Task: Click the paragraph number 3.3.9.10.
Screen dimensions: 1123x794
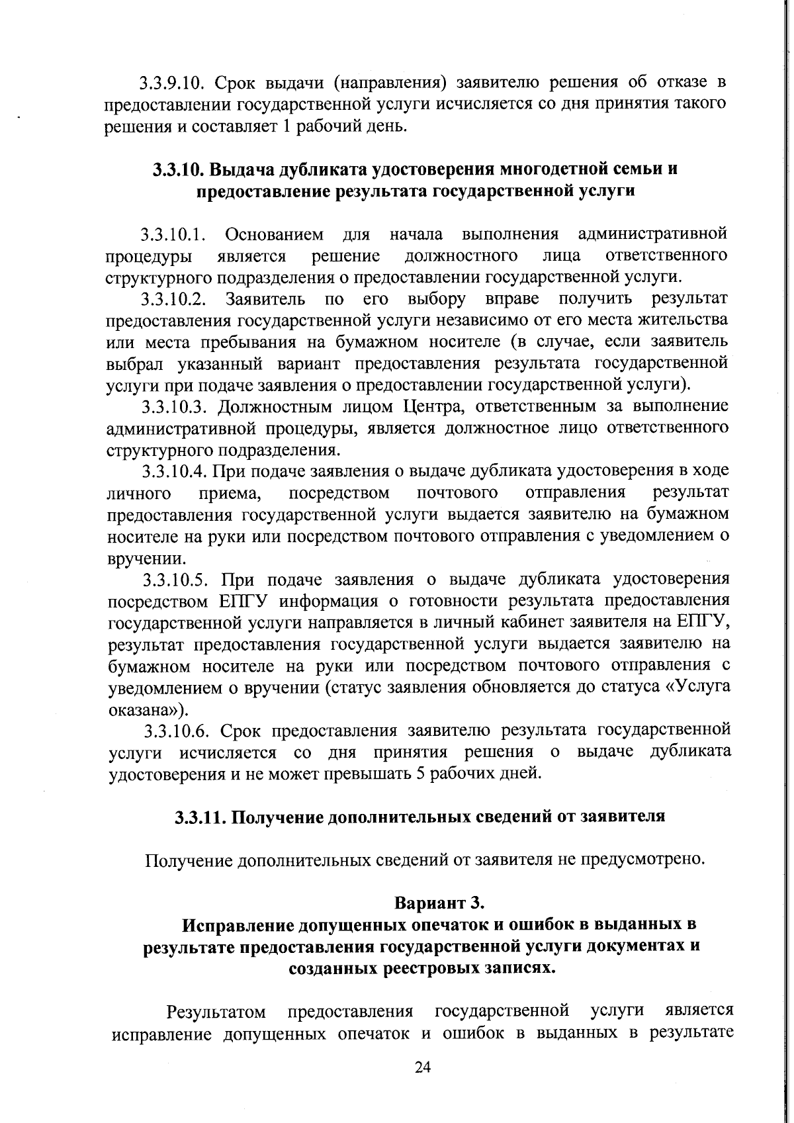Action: pyautogui.click(x=169, y=83)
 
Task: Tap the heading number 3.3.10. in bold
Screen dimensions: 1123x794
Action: pyautogui.click(x=179, y=169)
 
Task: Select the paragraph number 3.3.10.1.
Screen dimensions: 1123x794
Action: pyautogui.click(x=173, y=235)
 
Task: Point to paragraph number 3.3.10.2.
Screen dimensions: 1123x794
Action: pyautogui.click(x=173, y=300)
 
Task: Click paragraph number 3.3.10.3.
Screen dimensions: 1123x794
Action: pyautogui.click(x=175, y=406)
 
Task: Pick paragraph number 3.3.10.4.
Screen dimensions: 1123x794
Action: pyautogui.click(x=175, y=471)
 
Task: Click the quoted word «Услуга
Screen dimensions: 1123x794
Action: pyautogui.click(x=697, y=686)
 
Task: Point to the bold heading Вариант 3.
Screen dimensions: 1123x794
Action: pyautogui.click(x=440, y=903)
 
